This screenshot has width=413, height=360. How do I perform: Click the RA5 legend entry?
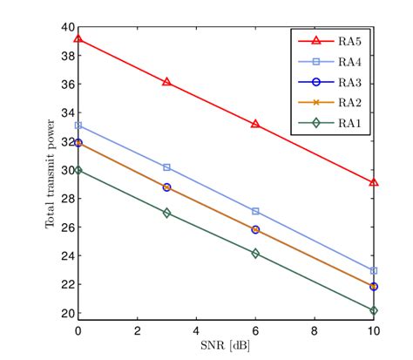(x=331, y=41)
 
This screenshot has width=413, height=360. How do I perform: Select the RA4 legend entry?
(x=331, y=62)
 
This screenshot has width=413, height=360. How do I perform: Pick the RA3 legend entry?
(x=331, y=83)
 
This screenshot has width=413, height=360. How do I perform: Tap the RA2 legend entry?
(x=331, y=104)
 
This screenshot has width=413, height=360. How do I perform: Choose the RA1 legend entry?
(x=331, y=124)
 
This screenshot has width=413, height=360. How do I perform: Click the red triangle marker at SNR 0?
(x=78, y=39)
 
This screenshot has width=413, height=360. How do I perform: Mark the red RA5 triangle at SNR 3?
(x=166, y=82)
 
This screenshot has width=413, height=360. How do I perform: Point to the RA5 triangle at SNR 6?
(x=255, y=124)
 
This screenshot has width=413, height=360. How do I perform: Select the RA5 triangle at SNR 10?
(x=374, y=182)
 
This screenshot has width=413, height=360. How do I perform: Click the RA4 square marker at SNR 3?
(x=166, y=166)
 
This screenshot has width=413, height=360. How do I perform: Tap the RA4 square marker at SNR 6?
(x=255, y=211)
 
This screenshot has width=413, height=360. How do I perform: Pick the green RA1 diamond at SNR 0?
(x=78, y=170)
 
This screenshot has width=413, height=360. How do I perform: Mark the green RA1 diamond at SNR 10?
(x=374, y=310)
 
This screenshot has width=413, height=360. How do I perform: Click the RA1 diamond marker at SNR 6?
(x=255, y=254)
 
